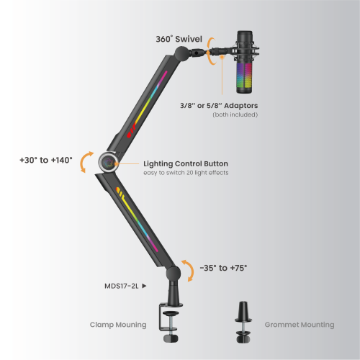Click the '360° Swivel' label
(179, 39)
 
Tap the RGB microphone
(245, 62)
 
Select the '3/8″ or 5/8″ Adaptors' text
(219, 106)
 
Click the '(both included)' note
(235, 114)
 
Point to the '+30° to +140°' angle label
(46, 160)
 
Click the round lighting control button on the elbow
(109, 163)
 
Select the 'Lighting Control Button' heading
(186, 163)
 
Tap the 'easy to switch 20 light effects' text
(186, 173)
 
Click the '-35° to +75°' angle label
(223, 268)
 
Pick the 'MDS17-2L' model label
(122, 286)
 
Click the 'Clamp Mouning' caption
(118, 325)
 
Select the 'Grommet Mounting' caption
(300, 325)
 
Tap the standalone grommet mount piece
(243, 322)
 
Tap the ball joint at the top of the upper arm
(182, 53)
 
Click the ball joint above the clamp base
(173, 274)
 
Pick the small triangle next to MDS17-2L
(144, 286)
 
